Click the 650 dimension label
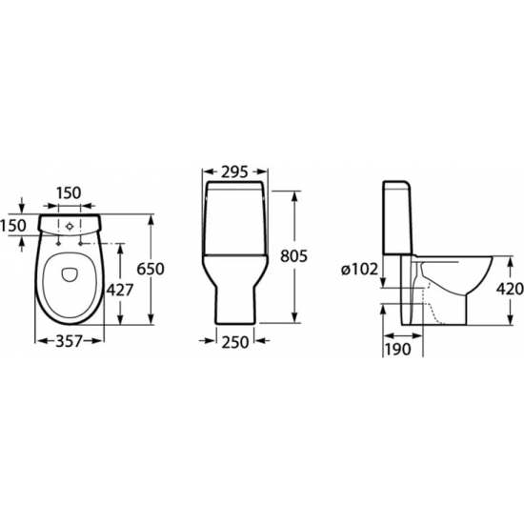(151, 269)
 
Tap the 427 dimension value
(119, 290)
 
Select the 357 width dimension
(69, 341)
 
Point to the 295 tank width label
(234, 172)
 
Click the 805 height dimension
(293, 256)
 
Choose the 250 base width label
(235, 342)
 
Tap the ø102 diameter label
(359, 270)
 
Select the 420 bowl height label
(510, 289)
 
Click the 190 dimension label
(397, 350)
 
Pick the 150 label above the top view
(68, 192)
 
